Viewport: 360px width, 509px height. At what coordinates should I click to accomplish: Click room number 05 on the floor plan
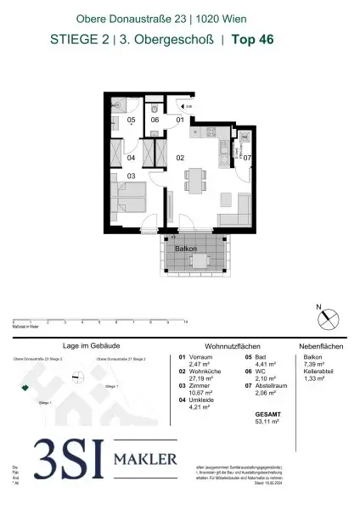tap(131, 120)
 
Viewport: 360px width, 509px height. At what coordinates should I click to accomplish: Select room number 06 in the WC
tap(155, 120)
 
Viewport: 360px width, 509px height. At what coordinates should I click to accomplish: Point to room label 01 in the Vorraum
tap(180, 120)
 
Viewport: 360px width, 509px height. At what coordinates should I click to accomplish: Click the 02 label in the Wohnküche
tap(180, 158)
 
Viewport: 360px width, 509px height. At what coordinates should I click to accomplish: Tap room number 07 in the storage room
tap(247, 158)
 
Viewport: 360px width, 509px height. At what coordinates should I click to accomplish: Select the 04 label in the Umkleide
tap(131, 158)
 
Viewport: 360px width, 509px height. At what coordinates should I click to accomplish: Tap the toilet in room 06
tap(153, 110)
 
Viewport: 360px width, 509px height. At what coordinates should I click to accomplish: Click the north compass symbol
tap(326, 319)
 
